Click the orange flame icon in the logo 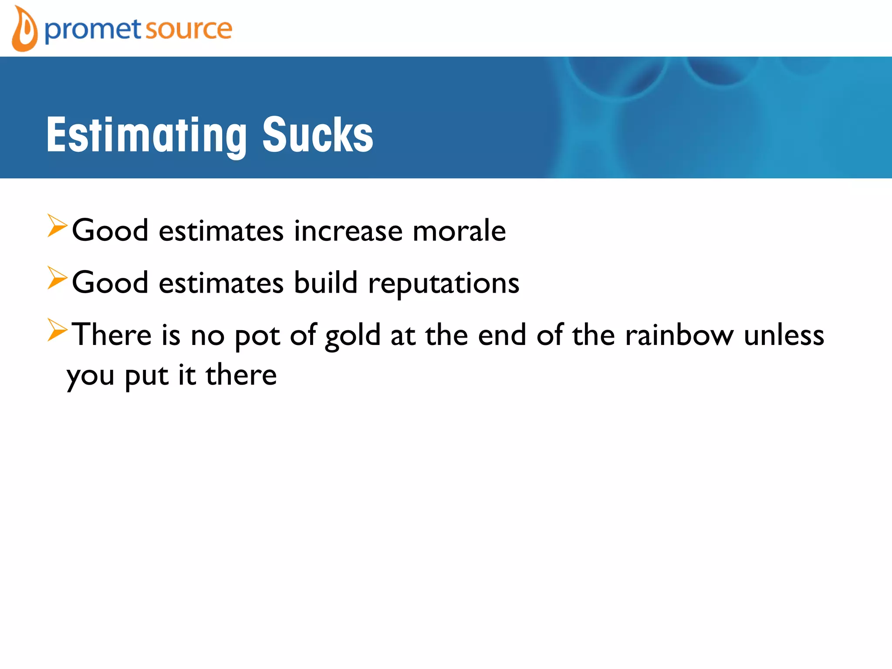tap(24, 30)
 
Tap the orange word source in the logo tap(188, 30)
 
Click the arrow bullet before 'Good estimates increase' tap(57, 226)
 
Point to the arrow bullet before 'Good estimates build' tap(57, 278)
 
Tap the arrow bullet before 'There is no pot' tap(57, 330)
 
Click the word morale tap(459, 231)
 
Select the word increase tap(348, 231)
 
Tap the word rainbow tap(679, 335)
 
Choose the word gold tap(353, 336)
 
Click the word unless tap(784, 335)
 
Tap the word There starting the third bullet tap(111, 335)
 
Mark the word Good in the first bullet tap(110, 231)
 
